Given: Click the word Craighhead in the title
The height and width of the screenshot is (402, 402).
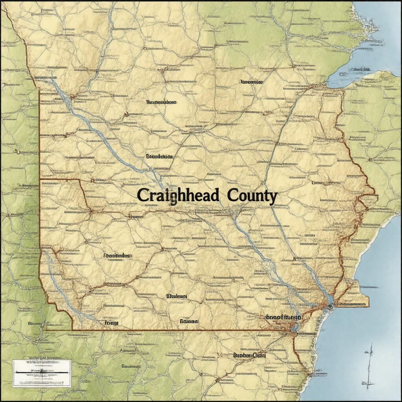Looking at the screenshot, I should point(178,196).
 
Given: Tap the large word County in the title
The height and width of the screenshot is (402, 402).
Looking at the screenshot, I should point(249,196).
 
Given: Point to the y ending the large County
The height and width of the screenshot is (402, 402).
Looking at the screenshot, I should point(272,197).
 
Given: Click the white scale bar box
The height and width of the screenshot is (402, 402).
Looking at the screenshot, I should point(42,373).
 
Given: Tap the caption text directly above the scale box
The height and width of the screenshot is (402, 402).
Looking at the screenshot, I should point(42,358).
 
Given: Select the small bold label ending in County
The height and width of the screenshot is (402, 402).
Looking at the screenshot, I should point(249,355).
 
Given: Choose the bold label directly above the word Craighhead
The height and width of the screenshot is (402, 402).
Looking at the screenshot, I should point(159,156).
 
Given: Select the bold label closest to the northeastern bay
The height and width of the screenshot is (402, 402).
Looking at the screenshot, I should point(251,82).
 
